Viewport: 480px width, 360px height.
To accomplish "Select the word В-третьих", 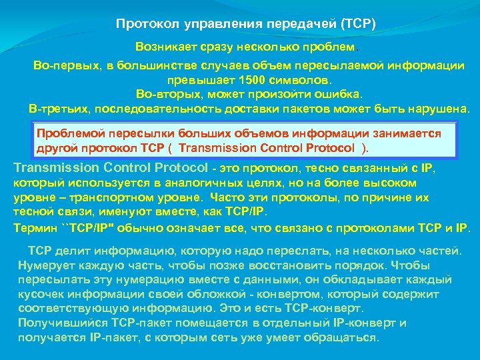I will click(59, 107).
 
